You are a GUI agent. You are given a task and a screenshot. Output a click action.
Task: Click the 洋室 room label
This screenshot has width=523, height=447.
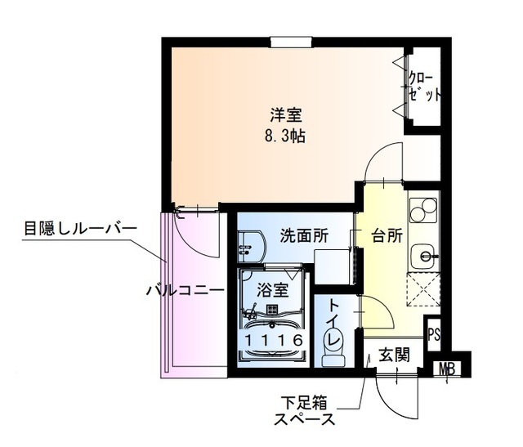coord(284,114)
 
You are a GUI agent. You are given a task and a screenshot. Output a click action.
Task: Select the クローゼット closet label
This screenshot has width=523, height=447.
coord(425,85)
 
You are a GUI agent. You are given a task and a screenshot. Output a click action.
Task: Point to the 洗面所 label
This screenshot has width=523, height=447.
coord(304,235)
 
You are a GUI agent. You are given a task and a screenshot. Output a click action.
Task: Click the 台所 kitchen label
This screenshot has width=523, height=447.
coord(387,236)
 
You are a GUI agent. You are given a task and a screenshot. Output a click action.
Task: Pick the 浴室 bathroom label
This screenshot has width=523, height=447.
coord(272,289)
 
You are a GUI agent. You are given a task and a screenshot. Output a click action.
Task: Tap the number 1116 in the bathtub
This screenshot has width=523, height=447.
coord(273,338)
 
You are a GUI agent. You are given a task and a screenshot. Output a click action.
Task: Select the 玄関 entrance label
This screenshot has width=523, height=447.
coord(393,355)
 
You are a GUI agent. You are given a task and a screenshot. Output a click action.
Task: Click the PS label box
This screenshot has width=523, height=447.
coord(434,334)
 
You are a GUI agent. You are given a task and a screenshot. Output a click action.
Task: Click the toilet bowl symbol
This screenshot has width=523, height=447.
coord(335,353)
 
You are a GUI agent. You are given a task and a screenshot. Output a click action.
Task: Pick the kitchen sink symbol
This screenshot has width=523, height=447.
coord(423,257)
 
